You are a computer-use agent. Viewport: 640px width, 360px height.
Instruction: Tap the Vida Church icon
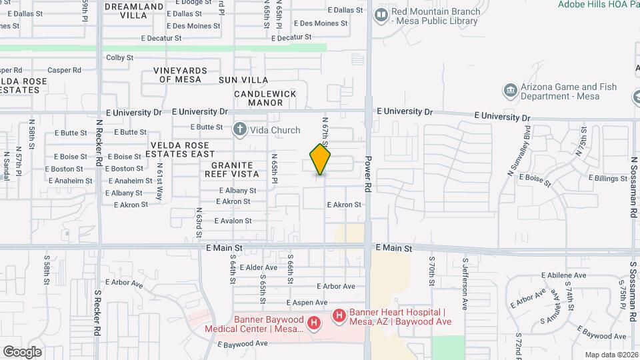239,129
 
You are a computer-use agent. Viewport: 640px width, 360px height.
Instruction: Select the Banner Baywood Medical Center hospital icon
313,324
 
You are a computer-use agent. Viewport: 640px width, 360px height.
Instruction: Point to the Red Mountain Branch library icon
381,14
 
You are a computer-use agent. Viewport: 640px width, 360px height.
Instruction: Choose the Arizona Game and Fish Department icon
510,90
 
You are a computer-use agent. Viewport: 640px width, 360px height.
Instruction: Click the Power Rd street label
367,175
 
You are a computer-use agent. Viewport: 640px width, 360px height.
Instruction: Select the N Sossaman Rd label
633,187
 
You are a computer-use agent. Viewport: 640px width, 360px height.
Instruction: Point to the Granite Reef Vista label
232,169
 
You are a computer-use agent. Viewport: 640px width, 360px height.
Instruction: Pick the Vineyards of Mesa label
179,75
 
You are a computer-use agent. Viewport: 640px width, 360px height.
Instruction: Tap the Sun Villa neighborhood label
243,80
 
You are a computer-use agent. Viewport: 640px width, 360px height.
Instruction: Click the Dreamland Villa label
133,11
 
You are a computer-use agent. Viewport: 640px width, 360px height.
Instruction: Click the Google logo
22,351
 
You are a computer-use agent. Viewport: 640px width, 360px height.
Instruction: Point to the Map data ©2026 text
611,355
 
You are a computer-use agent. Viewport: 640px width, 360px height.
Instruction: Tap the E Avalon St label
233,221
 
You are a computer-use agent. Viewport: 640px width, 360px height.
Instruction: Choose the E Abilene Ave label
563,275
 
